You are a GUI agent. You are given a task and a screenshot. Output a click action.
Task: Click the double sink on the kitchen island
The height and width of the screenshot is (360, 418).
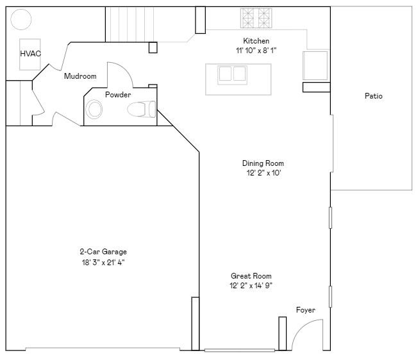click(232, 74)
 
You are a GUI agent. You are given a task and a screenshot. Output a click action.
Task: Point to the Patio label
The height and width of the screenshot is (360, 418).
click(373, 96)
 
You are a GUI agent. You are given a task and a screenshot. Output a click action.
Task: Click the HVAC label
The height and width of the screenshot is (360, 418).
click(30, 54)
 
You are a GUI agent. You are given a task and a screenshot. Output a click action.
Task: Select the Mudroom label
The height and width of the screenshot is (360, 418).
click(80, 76)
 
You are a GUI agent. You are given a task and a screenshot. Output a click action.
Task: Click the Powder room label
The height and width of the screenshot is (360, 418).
click(118, 95)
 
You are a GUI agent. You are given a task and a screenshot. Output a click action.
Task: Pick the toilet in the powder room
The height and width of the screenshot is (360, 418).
click(142, 110)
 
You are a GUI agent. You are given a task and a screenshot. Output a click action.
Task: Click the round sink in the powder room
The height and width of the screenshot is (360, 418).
click(95, 110)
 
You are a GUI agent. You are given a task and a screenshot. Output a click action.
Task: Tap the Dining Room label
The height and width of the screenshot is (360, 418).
click(263, 163)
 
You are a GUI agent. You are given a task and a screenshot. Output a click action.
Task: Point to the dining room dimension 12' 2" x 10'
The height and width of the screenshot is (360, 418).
click(263, 172)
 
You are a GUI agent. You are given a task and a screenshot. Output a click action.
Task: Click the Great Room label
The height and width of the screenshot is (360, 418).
click(251, 276)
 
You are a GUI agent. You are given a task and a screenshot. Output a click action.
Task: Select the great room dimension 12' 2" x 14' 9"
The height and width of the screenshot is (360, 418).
click(251, 285)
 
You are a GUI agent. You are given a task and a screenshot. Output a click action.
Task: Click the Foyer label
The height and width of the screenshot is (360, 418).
click(305, 310)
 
